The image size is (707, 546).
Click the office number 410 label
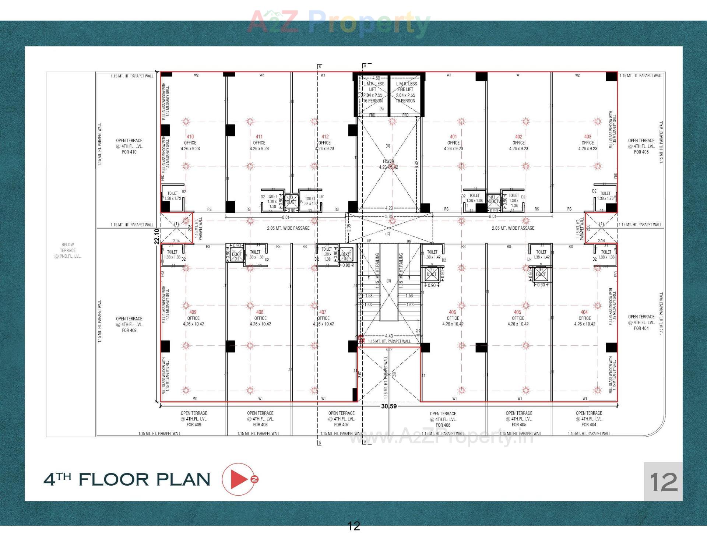point(190,137)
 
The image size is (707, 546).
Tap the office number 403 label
point(587,137)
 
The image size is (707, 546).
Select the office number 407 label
point(323,312)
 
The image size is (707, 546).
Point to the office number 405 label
point(517,312)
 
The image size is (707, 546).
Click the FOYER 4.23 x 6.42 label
point(388,164)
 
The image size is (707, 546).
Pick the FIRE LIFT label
point(405,89)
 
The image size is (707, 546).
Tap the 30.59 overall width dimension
point(389,406)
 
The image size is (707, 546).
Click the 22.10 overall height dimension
point(157,236)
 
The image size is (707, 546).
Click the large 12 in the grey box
point(663,482)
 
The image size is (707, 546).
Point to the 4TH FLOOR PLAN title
point(127,479)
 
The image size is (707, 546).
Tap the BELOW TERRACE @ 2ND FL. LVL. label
point(68,250)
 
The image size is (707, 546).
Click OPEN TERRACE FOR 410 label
point(129,146)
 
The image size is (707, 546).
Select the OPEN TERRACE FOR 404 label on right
point(641,323)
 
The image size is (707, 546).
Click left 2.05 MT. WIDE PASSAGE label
point(288,228)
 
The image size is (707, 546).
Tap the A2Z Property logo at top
point(339,22)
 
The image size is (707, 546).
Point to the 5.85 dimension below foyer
point(389,216)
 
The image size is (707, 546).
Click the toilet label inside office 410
point(173,193)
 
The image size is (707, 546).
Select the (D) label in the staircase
point(388,281)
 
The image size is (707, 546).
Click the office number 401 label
point(453,137)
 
